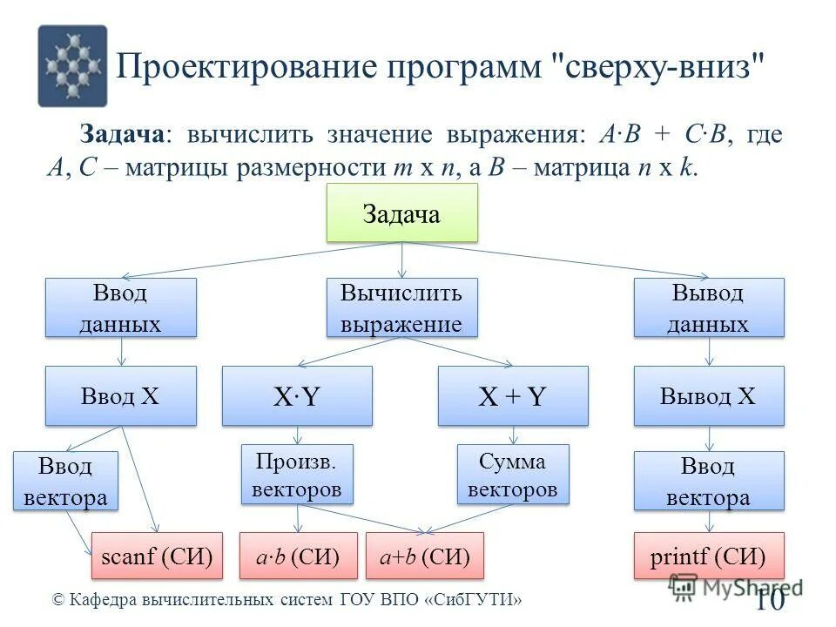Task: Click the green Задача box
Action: coord(401,212)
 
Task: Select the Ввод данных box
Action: coord(120,307)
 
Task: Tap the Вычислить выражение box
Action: coord(401,307)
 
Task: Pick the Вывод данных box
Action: coord(708,307)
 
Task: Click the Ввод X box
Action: coord(120,395)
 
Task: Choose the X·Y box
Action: coord(297,395)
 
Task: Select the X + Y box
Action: coord(512,395)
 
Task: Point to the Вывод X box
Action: coord(708,395)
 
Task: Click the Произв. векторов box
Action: coord(297,474)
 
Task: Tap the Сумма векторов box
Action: coord(512,474)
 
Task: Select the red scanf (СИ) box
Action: coord(157,555)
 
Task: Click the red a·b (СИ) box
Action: coord(298,555)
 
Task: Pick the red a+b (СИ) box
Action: coord(424,555)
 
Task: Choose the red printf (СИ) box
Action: coord(708,555)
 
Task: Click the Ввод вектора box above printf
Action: coord(708,481)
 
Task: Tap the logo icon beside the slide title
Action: coord(72,66)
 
